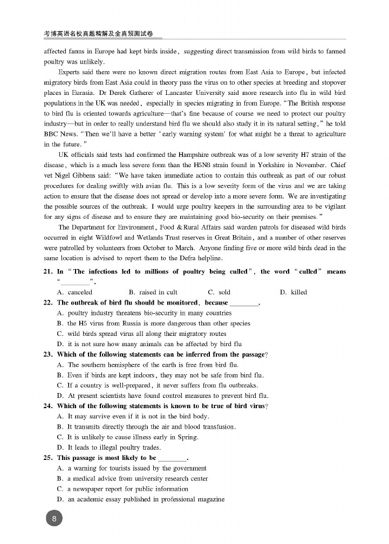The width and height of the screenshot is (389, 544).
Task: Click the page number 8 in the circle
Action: (x=54, y=519)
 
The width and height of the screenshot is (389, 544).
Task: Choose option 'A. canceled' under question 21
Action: (x=74, y=292)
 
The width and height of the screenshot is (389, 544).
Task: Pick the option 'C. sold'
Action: (x=219, y=292)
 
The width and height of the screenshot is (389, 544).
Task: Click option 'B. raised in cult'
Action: (x=153, y=292)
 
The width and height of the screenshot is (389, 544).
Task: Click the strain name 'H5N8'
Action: (x=203, y=165)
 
